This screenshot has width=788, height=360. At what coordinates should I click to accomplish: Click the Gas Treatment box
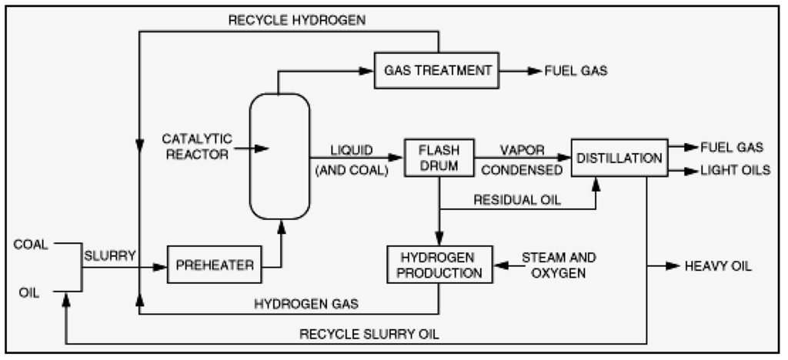(437, 70)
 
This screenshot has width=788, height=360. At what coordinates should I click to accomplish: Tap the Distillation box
(618, 158)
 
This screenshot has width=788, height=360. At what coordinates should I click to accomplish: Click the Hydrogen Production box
(439, 265)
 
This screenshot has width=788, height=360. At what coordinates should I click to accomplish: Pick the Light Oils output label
(735, 171)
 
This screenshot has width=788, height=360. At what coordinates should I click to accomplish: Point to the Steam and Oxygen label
(559, 264)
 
